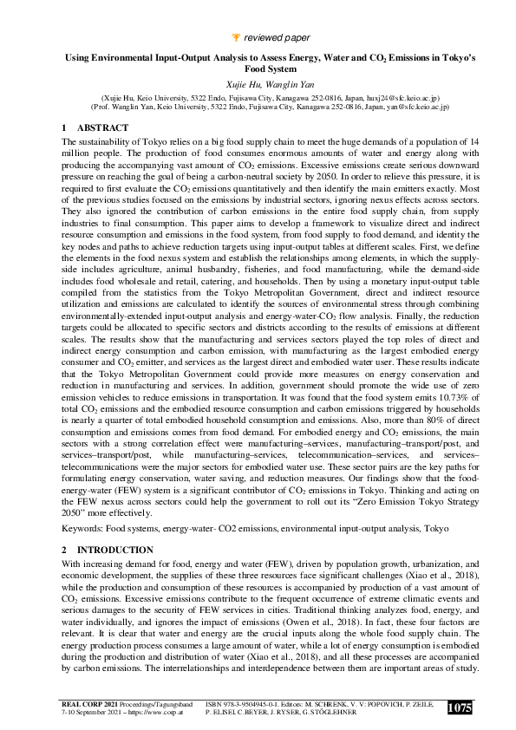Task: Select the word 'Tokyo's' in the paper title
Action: click(x=439, y=59)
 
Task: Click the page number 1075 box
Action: click(x=459, y=708)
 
